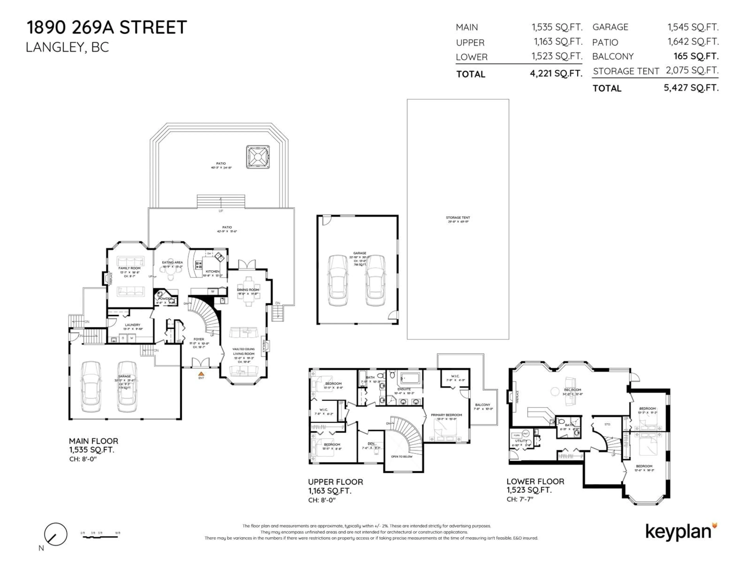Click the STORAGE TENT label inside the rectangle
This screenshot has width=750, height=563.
point(458,218)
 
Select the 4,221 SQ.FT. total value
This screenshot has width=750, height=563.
point(556,73)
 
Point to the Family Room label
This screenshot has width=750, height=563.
point(129,268)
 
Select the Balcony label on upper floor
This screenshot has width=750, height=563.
point(482,405)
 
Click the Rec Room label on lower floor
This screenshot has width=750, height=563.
point(572,390)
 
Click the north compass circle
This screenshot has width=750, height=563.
point(56,534)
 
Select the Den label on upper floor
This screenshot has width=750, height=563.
point(371,444)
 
